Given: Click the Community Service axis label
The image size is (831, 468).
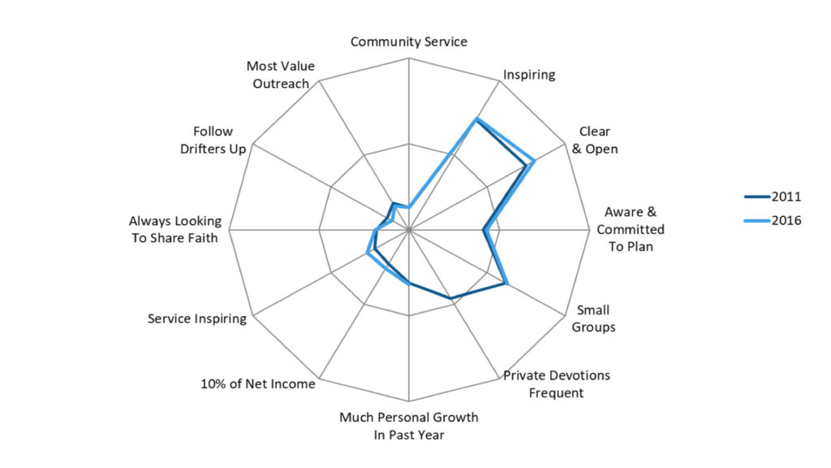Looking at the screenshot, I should tap(408, 41).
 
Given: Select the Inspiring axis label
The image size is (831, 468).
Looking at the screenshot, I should tap(529, 75).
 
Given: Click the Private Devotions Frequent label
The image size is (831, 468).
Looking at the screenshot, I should tap(556, 384).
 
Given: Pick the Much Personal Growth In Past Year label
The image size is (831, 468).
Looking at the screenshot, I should tap(408, 426).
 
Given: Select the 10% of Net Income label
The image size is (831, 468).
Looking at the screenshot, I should tap(257, 383).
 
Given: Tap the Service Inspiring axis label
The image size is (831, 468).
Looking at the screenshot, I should tap(197, 318).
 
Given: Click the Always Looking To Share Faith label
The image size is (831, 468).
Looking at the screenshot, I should tap(174, 229).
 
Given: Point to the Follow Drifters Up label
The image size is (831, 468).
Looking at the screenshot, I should tap(213, 140).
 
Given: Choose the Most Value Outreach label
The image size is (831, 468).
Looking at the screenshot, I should tap(280, 75).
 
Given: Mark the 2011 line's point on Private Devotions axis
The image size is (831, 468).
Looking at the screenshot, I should tap(452, 299).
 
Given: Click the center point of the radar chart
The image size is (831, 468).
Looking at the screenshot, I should tap(409, 230).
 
